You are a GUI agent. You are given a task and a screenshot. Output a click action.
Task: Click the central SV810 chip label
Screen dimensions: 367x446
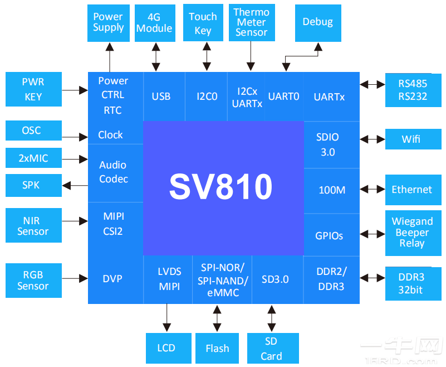[221, 187]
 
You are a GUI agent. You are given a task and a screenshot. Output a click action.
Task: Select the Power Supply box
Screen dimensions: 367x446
[109, 22]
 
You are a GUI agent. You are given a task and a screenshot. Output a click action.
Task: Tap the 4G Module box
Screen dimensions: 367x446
[154, 22]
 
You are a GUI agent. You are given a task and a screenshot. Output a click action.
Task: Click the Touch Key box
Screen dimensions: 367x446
[203, 22]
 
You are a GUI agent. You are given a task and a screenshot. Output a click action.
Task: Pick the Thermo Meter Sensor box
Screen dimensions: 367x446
[251, 22]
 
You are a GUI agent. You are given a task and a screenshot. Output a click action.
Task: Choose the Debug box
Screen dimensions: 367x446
[317, 22]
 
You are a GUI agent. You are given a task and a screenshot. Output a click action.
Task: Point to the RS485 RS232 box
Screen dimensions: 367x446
[413, 90]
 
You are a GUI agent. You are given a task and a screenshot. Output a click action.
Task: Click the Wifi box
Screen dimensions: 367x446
[411, 139]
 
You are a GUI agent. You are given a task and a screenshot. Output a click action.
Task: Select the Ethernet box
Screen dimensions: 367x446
[411, 190]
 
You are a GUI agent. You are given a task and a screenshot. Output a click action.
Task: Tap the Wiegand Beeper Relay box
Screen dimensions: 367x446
[411, 233]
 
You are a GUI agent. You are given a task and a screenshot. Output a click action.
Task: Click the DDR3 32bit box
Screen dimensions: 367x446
[411, 282]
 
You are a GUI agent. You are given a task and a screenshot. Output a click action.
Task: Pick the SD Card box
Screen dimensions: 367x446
[271, 349]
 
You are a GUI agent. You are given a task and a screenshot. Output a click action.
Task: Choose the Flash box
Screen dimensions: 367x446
[217, 349]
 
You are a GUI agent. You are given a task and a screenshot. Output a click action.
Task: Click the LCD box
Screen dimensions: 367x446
[166, 349]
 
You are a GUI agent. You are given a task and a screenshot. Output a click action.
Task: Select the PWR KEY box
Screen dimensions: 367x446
[33, 89]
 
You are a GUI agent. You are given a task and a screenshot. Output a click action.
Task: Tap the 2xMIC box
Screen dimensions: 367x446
[33, 158]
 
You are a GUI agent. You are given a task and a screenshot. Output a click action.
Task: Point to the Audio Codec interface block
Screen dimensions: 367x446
[114, 172]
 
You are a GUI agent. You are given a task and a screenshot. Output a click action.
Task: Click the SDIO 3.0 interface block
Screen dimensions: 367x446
[327, 144]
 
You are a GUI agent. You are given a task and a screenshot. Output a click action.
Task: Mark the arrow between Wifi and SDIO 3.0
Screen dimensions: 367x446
[373, 139]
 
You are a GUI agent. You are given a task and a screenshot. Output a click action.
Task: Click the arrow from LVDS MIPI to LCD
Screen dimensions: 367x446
[166, 318]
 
